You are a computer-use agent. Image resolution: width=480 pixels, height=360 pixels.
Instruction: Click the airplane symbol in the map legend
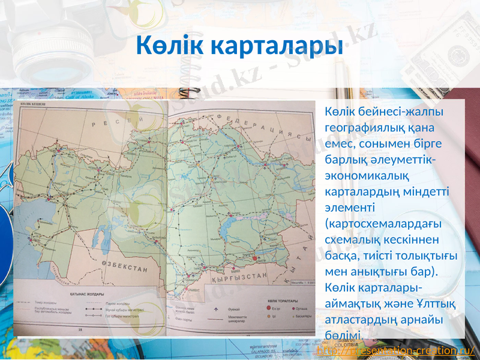click(x=216, y=310)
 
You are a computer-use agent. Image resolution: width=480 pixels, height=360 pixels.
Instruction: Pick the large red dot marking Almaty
click(x=254, y=258)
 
